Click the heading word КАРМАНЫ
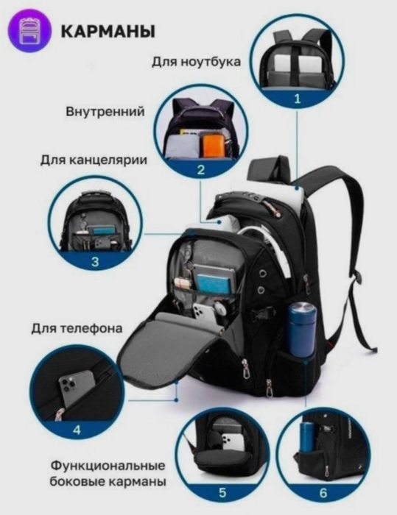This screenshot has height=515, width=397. tap(107, 32)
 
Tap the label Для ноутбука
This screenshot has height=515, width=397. tap(197, 62)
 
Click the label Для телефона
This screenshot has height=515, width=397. tap(77, 327)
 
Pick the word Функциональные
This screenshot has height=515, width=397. tap(108, 466)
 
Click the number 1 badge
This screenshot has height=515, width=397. tap(298, 96)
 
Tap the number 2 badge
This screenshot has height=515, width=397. tap(200, 170)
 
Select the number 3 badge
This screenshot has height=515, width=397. tap(95, 260)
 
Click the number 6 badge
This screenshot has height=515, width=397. tap(323, 492)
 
